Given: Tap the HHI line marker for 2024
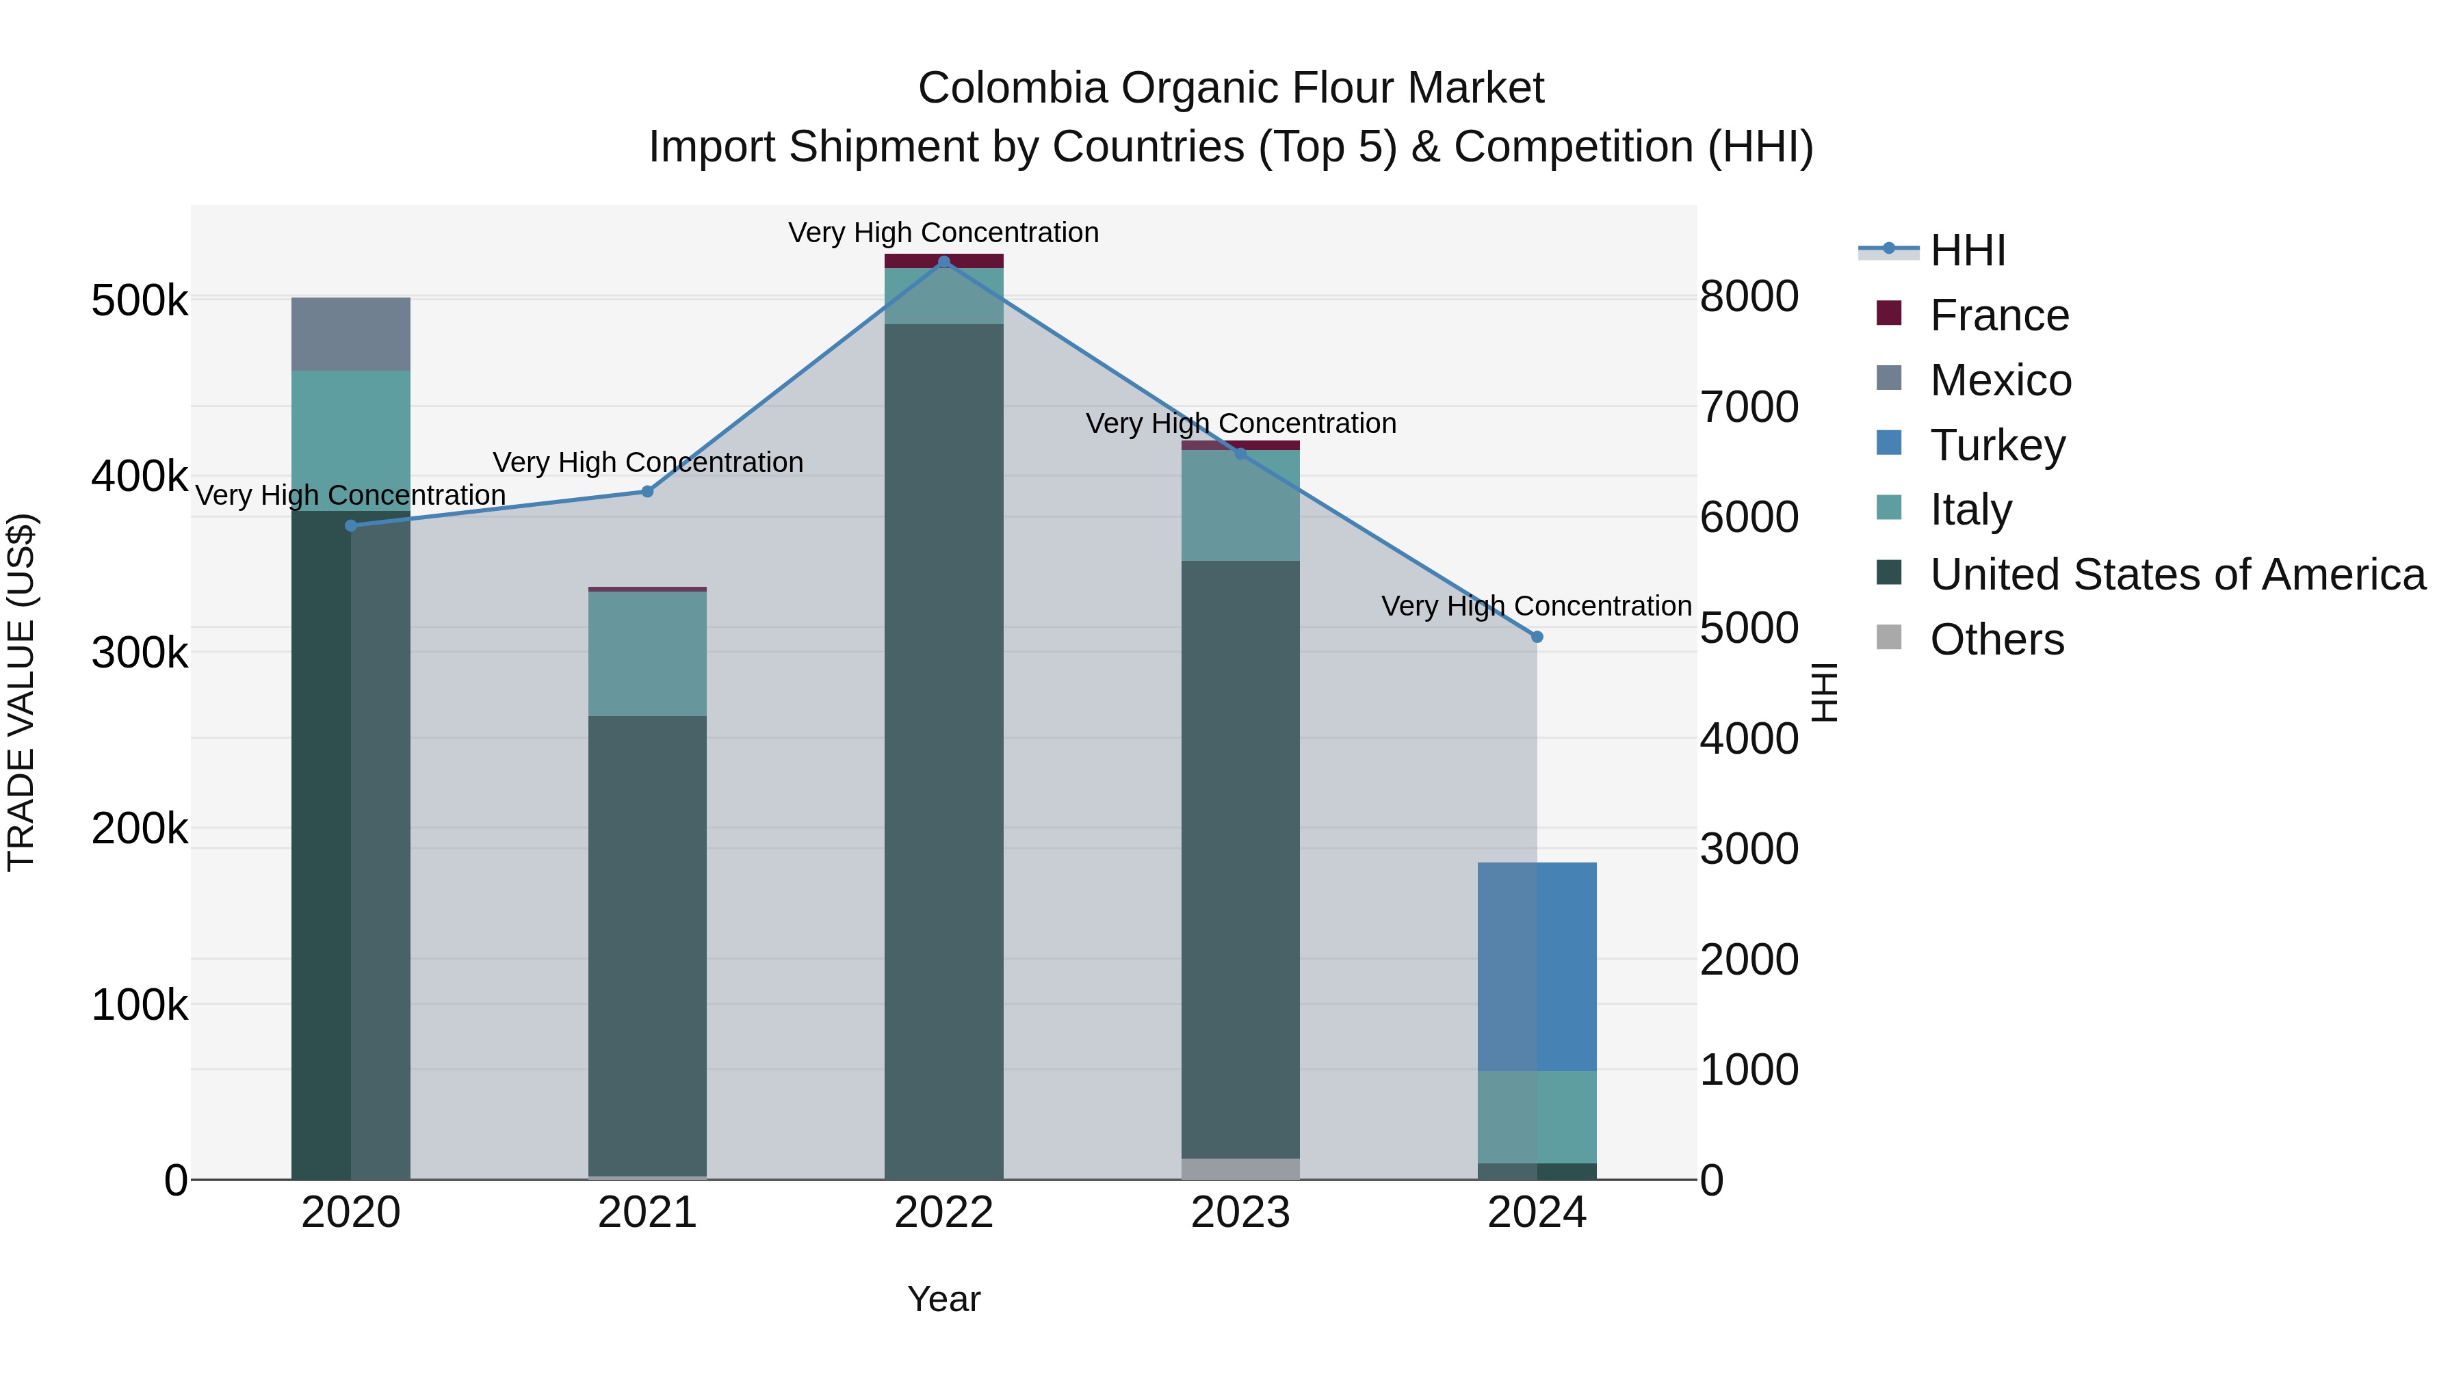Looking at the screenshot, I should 1537,637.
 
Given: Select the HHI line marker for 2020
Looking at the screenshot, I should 351,526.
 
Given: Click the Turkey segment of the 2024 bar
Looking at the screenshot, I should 1537,965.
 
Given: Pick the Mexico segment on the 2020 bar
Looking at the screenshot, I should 351,334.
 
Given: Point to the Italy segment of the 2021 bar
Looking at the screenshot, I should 647,654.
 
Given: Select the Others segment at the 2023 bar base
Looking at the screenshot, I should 1240,1169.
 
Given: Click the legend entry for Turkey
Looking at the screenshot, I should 1997,445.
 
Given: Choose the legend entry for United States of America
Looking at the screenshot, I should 2177,575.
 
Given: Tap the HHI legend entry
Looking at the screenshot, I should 1967,250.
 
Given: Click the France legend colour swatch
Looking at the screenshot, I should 1888,313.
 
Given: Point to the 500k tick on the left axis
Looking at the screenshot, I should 140,301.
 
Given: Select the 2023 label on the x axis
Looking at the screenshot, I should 1240,1213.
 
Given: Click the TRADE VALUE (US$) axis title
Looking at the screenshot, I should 21,692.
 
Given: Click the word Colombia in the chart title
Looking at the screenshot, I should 1013,88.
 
